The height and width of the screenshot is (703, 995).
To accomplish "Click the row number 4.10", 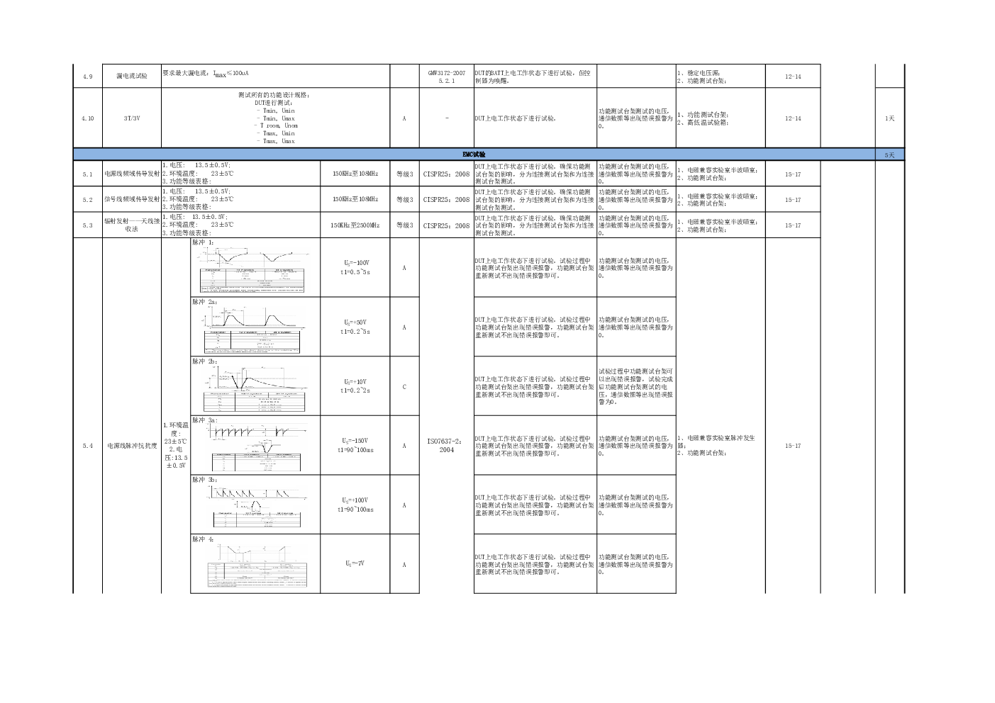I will [87, 118].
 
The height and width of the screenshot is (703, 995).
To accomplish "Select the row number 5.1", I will [87, 174].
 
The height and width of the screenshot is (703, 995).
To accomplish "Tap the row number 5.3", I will [87, 225].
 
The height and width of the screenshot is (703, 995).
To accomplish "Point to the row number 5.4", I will [87, 446].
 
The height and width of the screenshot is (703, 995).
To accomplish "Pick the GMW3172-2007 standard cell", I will [446, 77].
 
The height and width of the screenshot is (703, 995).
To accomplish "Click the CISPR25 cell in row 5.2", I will [446, 200].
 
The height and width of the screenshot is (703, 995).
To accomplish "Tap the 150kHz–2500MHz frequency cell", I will [355, 225].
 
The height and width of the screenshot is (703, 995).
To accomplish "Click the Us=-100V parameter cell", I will [355, 266].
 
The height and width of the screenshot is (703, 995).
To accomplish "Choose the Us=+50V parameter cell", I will [355, 326].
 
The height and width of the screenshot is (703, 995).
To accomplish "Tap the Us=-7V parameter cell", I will [355, 563].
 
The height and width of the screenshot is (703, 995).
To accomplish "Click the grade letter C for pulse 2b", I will [404, 387].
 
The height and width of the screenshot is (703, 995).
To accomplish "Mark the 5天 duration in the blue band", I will [889, 154].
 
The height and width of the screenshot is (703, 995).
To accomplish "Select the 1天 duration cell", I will [889, 118].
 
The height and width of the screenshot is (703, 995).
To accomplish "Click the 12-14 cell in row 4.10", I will [793, 118].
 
